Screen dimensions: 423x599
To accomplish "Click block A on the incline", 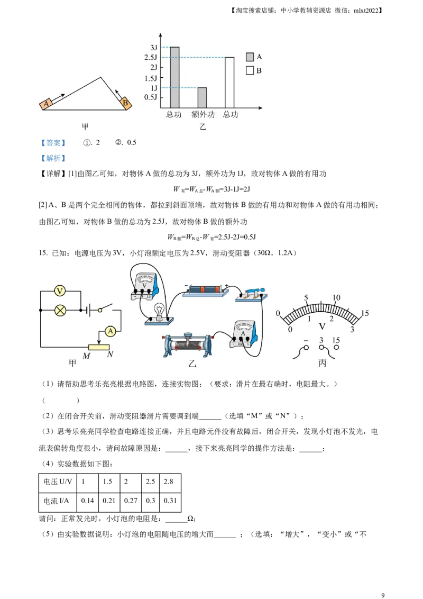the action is click(x=46, y=104).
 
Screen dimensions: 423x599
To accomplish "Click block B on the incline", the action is click(x=125, y=103).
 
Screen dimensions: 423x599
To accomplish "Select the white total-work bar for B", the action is click(x=229, y=83).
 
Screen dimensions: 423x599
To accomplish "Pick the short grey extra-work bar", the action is click(x=202, y=98).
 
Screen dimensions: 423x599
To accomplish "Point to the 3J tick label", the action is click(x=153, y=48).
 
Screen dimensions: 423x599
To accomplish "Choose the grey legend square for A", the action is click(x=250, y=57).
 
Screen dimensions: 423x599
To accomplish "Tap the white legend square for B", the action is click(x=250, y=70).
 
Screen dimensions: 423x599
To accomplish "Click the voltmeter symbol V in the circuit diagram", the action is click(x=60, y=291).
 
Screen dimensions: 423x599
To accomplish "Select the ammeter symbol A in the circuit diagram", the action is click(x=111, y=331).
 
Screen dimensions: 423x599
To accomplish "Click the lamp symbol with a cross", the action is click(x=60, y=310).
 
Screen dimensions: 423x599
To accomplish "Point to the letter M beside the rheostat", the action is click(x=87, y=356).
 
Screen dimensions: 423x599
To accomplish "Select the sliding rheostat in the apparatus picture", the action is click(x=187, y=345).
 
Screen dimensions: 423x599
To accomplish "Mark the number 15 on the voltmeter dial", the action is click(x=365, y=313).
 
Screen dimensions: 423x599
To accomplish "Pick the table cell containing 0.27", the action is click(x=131, y=501).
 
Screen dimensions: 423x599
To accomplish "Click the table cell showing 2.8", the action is click(x=170, y=482).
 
